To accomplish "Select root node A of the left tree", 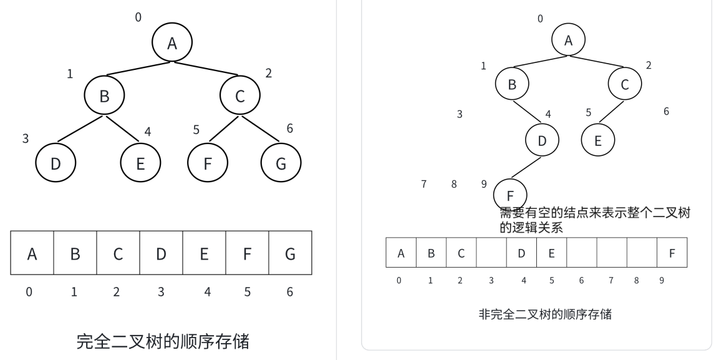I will point(172,42).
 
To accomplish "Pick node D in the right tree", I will point(542,140).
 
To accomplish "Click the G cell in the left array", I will point(290,253).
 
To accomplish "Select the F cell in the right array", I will point(672,253).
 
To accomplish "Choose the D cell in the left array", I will point(161,253).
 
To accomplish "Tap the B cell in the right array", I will point(431,253).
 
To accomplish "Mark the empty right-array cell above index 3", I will point(491,253).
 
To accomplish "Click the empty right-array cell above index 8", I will point(642,253).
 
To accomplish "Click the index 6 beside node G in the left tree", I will point(289,128).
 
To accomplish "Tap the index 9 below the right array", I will point(662,280).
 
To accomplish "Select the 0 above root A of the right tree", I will point(540,19).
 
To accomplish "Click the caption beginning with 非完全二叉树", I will point(544,314).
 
